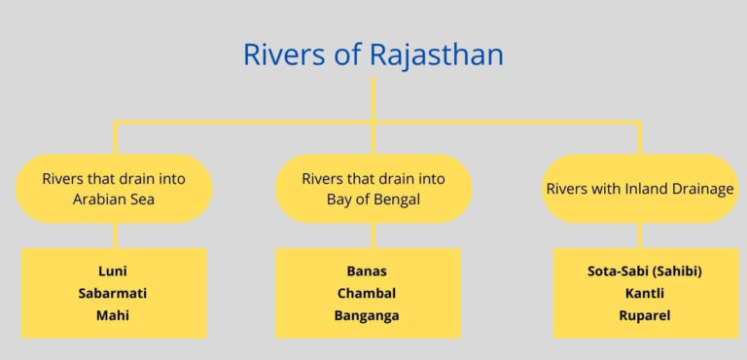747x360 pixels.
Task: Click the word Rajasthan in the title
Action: pyautogui.click(x=437, y=54)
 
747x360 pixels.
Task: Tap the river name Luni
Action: pyautogui.click(x=114, y=271)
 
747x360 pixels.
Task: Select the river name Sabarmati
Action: pyautogui.click(x=114, y=293)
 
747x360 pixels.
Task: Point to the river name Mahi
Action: pyautogui.click(x=114, y=315)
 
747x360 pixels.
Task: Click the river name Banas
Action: pyautogui.click(x=367, y=271)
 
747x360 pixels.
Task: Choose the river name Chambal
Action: pyautogui.click(x=367, y=293)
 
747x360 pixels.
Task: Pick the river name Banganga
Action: pyautogui.click(x=367, y=315)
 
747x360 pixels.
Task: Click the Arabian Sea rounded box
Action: pyautogui.click(x=114, y=189)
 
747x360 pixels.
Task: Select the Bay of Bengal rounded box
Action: pyautogui.click(x=373, y=189)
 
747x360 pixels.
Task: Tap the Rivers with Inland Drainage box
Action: pyautogui.click(x=640, y=189)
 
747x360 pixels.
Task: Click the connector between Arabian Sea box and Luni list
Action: pyautogui.click(x=114, y=235)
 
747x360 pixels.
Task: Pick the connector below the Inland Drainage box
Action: pyautogui.click(x=640, y=235)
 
